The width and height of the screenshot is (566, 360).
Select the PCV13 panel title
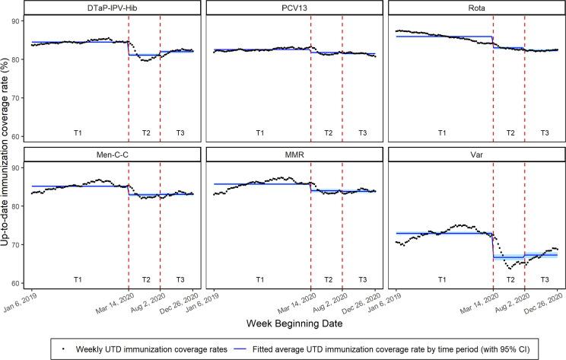coord(295,8)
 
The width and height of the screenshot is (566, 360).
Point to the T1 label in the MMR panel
coord(259,279)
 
